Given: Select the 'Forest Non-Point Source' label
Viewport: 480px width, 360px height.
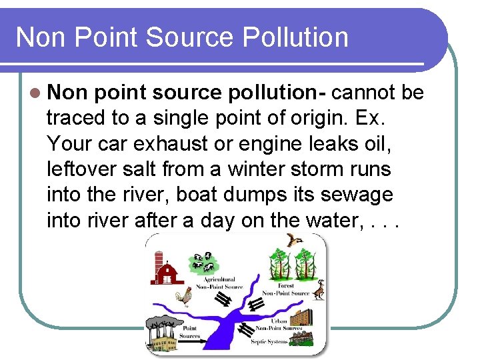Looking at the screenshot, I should pos(285,289).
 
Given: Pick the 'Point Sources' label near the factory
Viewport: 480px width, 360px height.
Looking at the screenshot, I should pos(189,331).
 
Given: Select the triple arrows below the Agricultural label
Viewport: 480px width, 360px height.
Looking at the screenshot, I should pos(225,299).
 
